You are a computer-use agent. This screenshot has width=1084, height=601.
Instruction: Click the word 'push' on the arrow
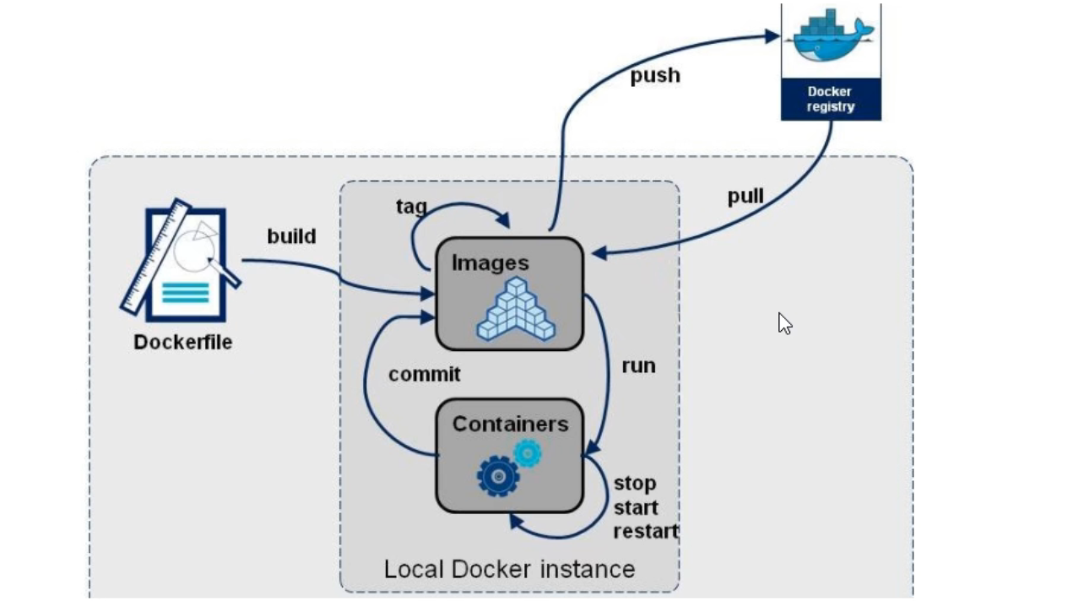pos(655,76)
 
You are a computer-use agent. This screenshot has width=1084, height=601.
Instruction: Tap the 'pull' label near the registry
pos(745,197)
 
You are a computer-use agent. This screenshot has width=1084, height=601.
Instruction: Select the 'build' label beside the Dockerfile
pos(291,236)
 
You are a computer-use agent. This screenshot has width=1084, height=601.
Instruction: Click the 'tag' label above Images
pos(411,206)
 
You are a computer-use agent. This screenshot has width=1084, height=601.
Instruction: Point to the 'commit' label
pos(425,374)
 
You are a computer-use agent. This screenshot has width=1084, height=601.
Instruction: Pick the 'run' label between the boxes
pos(638,366)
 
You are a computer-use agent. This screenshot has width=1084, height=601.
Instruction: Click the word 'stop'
pos(635,484)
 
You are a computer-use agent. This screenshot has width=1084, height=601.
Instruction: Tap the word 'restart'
pos(646,532)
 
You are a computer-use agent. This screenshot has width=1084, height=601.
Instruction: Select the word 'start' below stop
pos(636,508)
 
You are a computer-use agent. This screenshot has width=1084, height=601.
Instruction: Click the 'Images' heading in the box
pos(491,263)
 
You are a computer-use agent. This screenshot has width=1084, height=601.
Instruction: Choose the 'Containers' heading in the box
pos(510,424)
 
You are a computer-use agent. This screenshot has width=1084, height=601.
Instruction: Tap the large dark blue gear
pos(498,476)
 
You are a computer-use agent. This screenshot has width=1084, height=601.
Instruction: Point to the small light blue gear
pos(528,453)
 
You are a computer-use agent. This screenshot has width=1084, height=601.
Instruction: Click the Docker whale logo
pos(831,37)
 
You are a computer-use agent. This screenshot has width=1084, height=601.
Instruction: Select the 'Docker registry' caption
pos(831,99)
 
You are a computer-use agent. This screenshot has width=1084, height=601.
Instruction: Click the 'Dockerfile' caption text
pos(182,343)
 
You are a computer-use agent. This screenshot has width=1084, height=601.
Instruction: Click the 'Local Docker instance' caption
pos(509,569)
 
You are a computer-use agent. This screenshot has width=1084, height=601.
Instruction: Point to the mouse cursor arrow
pos(784,323)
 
